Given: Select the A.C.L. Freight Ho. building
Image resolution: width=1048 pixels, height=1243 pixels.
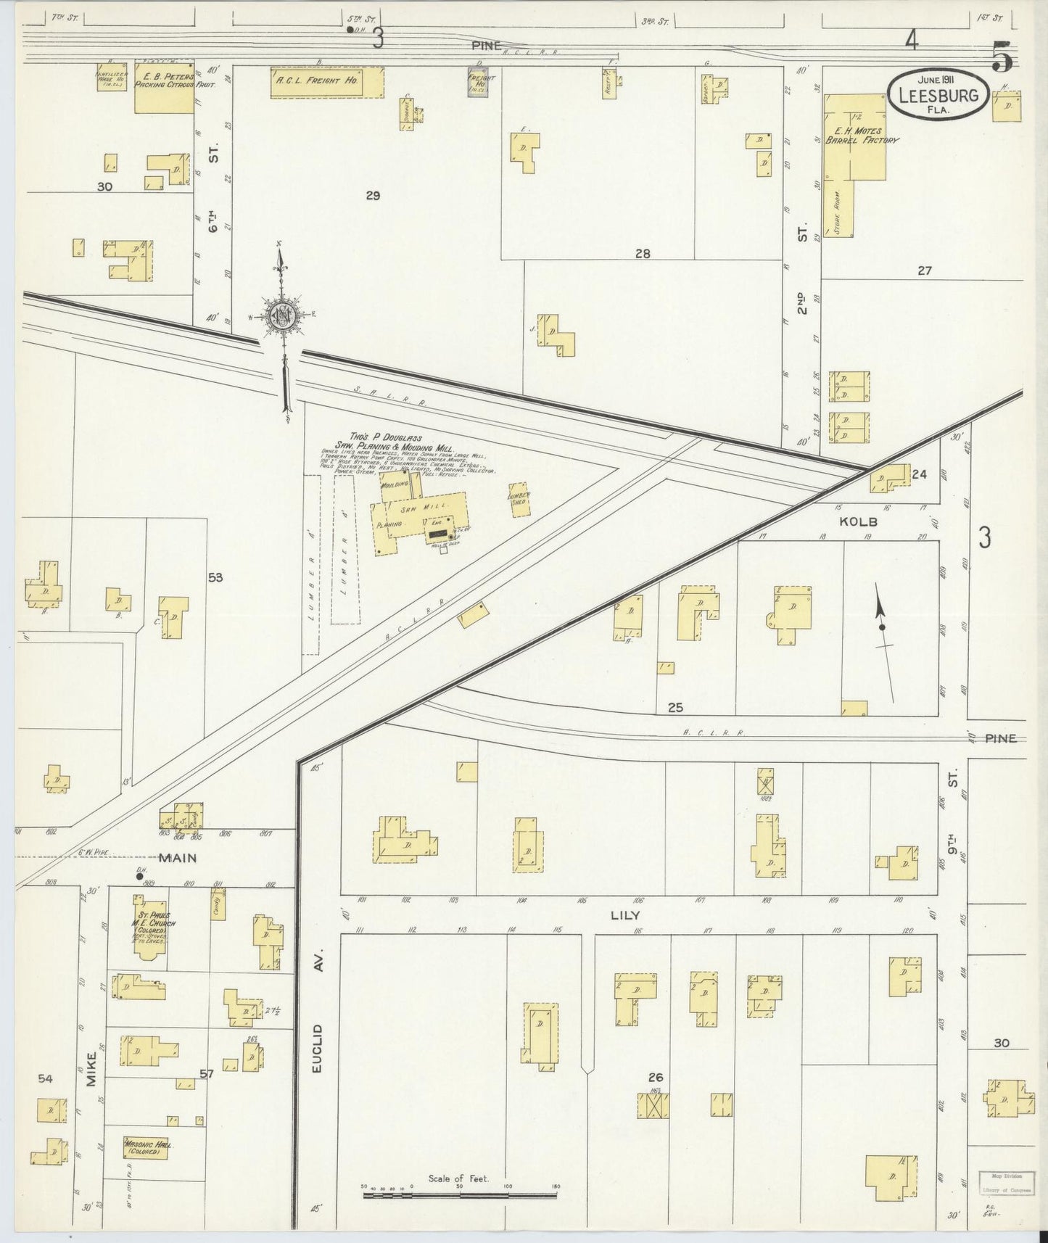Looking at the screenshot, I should [326, 82].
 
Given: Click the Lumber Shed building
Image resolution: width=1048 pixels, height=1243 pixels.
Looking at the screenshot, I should [519, 500].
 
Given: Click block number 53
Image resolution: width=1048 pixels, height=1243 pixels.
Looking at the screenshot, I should [215, 578].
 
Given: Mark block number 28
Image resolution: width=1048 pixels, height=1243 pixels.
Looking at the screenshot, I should [642, 253].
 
